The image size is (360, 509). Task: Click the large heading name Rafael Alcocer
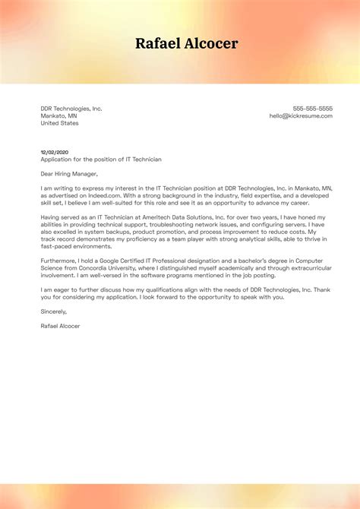pos(187,43)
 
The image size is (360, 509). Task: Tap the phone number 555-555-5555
pos(312,109)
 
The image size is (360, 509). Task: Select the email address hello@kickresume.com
pos(301,115)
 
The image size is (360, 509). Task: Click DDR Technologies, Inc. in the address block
pos(71,109)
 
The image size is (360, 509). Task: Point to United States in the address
pos(59,123)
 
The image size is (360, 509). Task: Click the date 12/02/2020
pos(55,152)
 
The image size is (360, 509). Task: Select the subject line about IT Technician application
pos(101,160)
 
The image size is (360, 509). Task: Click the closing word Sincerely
pos(54,311)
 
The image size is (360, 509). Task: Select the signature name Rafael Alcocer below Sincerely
pos(60,326)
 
